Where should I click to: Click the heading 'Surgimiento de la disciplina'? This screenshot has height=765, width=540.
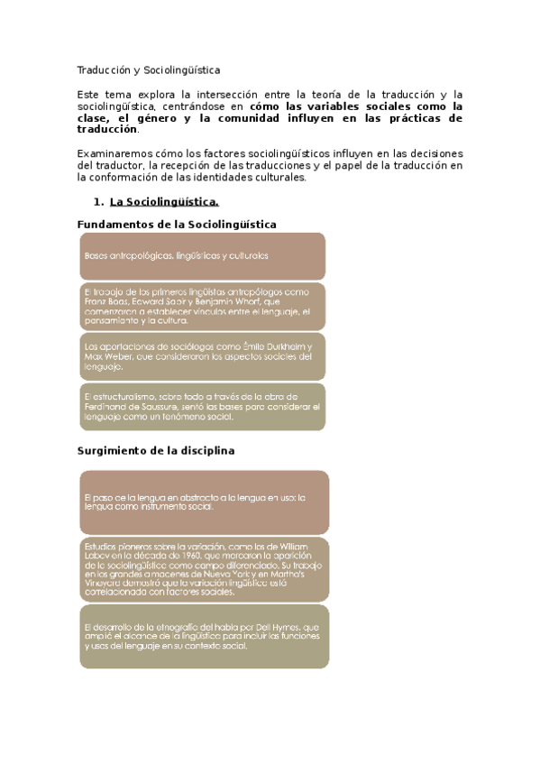pos(156,451)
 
